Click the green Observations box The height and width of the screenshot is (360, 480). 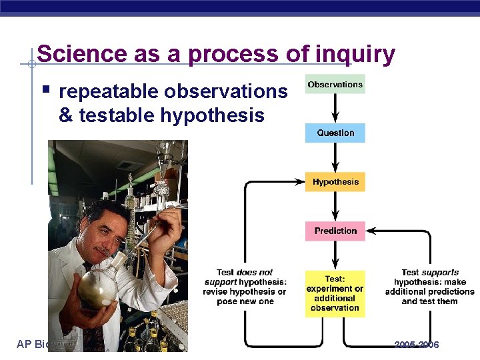point(335,85)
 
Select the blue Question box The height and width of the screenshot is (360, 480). point(335,133)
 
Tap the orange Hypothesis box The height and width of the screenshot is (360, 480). point(335,182)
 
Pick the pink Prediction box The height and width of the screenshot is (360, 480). point(335,231)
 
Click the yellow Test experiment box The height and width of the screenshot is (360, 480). point(335,293)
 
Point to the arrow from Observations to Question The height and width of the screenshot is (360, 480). point(335,109)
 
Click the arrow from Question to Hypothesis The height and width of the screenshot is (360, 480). point(335,157)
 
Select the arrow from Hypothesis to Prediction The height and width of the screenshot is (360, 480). point(335,207)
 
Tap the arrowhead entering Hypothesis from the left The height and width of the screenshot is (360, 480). point(300,181)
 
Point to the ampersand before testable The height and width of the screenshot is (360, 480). point(66,115)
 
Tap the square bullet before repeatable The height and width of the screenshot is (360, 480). point(45,89)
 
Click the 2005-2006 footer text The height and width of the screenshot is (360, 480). point(417,345)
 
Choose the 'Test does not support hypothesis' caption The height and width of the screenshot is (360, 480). point(245,287)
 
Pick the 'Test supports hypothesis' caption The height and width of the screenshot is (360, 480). point(430,287)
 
